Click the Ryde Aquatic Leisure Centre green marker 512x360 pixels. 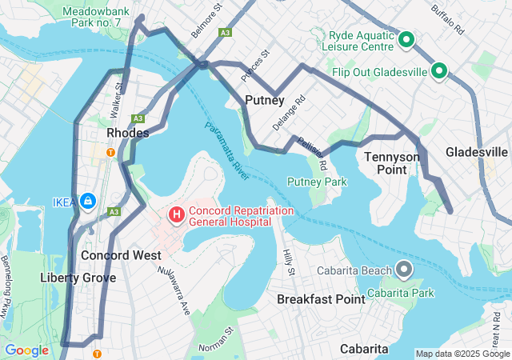tap(406, 39)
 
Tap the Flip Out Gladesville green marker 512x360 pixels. tap(438, 72)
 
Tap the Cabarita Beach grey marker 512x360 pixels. tap(405, 270)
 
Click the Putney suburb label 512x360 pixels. tap(265, 100)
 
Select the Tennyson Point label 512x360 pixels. tap(392, 163)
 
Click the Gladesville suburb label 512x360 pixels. tap(477, 152)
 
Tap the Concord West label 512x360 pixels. tap(121, 255)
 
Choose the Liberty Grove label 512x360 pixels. tap(78, 278)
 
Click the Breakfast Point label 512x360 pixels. tap(321, 298)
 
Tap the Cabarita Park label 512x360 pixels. tap(407, 293)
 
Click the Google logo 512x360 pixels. tap(26, 350)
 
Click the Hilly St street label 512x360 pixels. tap(289, 262)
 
